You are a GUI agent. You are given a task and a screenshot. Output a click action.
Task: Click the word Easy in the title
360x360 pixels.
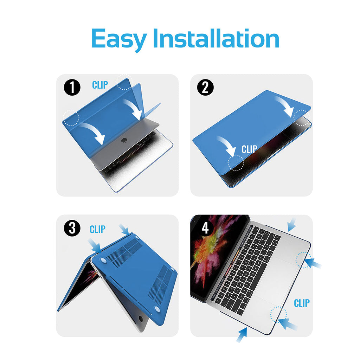(119, 39)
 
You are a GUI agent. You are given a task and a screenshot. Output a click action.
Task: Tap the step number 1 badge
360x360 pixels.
(72, 88)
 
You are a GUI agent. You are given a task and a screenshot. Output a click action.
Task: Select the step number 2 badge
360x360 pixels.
(205, 88)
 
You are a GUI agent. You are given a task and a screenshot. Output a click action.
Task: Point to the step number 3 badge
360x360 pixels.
(72, 228)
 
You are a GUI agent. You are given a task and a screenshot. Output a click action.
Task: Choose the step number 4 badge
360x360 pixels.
(205, 228)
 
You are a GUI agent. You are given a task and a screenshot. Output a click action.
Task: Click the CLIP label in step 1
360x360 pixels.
(100, 85)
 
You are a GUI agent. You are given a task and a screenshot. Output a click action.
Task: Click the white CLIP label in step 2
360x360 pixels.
(249, 149)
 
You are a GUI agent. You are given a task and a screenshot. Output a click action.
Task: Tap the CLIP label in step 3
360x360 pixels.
(98, 229)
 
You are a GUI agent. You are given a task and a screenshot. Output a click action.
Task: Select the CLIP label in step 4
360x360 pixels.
(302, 303)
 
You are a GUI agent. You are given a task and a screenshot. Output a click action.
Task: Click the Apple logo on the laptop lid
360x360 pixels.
(124, 140)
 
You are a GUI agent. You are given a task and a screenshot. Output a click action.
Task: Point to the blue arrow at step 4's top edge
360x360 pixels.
(291, 225)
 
